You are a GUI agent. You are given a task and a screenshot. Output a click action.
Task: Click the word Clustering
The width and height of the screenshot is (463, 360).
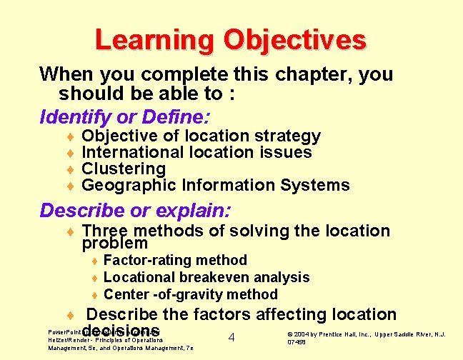[x=124, y=169]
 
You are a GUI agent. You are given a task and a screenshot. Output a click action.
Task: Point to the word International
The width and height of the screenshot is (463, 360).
[x=133, y=152]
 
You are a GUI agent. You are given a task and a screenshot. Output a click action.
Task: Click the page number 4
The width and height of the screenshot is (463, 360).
[x=231, y=337]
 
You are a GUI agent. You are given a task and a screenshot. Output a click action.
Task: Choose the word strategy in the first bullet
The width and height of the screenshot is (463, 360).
[x=288, y=136]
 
